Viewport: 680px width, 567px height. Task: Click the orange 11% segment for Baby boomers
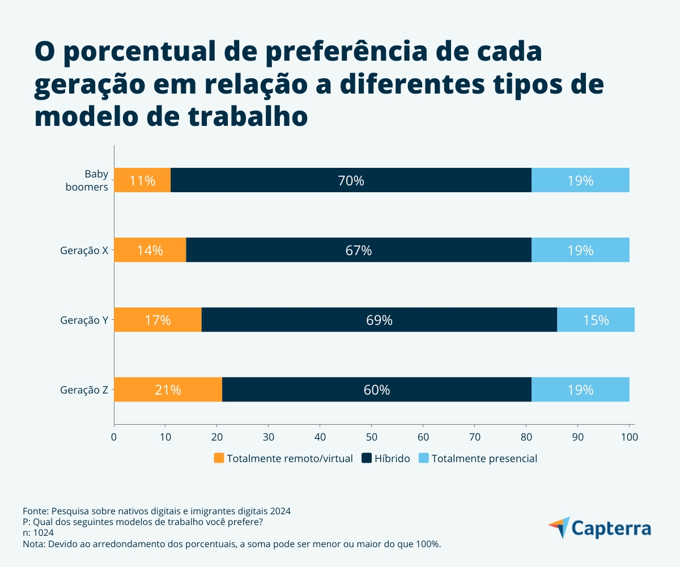[x=142, y=180]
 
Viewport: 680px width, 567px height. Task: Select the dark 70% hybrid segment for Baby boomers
[x=351, y=180]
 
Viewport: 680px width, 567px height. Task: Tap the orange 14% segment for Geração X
[x=150, y=250]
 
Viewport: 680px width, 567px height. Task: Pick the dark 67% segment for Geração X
[x=359, y=250]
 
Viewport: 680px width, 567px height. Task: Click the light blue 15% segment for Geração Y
[x=596, y=320]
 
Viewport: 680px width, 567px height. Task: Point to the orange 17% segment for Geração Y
[x=158, y=320]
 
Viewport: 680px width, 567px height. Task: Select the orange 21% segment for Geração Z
[x=168, y=390]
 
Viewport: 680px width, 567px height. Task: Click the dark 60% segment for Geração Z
[x=377, y=390]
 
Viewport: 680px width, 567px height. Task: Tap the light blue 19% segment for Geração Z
[x=580, y=390]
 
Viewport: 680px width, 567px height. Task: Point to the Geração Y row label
[x=84, y=320]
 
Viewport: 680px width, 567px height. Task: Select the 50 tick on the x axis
[x=371, y=437]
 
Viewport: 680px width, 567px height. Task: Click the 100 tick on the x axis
[x=629, y=437]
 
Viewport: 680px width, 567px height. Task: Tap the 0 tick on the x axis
[x=114, y=437]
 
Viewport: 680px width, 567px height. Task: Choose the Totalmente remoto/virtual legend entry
[x=283, y=458]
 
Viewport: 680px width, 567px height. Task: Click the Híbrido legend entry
[x=385, y=458]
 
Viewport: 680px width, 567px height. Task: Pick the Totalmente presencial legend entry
[x=478, y=458]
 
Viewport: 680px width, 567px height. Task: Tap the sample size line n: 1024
[x=38, y=533]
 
